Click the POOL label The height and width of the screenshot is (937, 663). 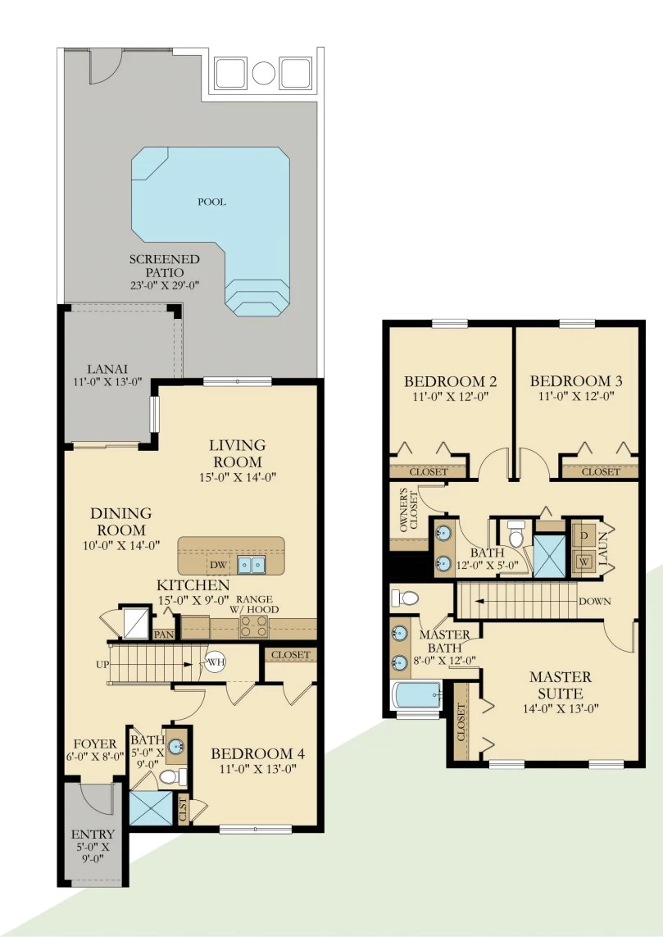(212, 202)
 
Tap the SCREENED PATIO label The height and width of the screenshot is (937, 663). (165, 266)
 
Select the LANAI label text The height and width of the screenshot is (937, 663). (107, 369)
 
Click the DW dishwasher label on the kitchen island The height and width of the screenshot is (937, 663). (218, 565)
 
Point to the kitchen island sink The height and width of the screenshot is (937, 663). (252, 565)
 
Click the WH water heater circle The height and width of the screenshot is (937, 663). (216, 662)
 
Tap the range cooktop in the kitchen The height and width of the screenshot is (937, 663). (254, 627)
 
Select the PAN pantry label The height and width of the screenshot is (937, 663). (164, 635)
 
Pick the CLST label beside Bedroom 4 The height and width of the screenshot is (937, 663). (184, 810)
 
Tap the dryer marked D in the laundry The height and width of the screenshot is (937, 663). (584, 535)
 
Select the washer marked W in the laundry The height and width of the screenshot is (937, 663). (584, 562)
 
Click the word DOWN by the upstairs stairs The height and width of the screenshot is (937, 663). (594, 601)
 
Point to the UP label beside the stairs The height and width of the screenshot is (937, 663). (102, 665)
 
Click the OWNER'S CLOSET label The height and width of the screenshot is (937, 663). (409, 511)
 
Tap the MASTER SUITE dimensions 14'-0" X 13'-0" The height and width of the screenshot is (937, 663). (561, 709)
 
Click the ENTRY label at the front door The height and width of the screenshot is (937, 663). (93, 835)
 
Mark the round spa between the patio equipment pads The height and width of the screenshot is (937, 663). (263, 73)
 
